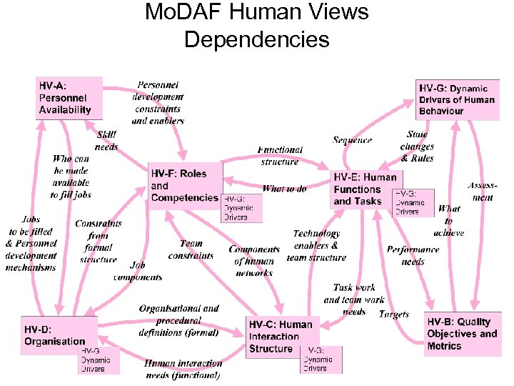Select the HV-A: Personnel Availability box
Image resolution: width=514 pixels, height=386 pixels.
point(69,97)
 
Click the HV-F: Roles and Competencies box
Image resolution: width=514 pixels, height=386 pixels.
point(184,185)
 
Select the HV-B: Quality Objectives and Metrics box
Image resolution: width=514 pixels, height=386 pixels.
point(461,333)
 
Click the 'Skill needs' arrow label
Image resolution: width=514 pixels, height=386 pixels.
point(106,141)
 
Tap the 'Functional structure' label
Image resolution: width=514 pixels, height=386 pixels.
point(280,156)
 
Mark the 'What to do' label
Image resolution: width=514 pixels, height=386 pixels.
point(284,189)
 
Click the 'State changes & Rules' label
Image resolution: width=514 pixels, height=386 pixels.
point(418,146)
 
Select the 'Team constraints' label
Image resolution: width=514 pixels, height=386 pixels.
point(191,249)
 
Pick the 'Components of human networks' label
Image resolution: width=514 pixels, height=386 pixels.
point(254,261)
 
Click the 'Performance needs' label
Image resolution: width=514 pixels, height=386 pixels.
point(413,255)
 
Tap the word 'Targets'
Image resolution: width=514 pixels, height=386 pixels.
point(394,314)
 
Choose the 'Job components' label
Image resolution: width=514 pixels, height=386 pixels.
point(138,271)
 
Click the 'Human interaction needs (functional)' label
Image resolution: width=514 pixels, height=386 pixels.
point(183,369)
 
